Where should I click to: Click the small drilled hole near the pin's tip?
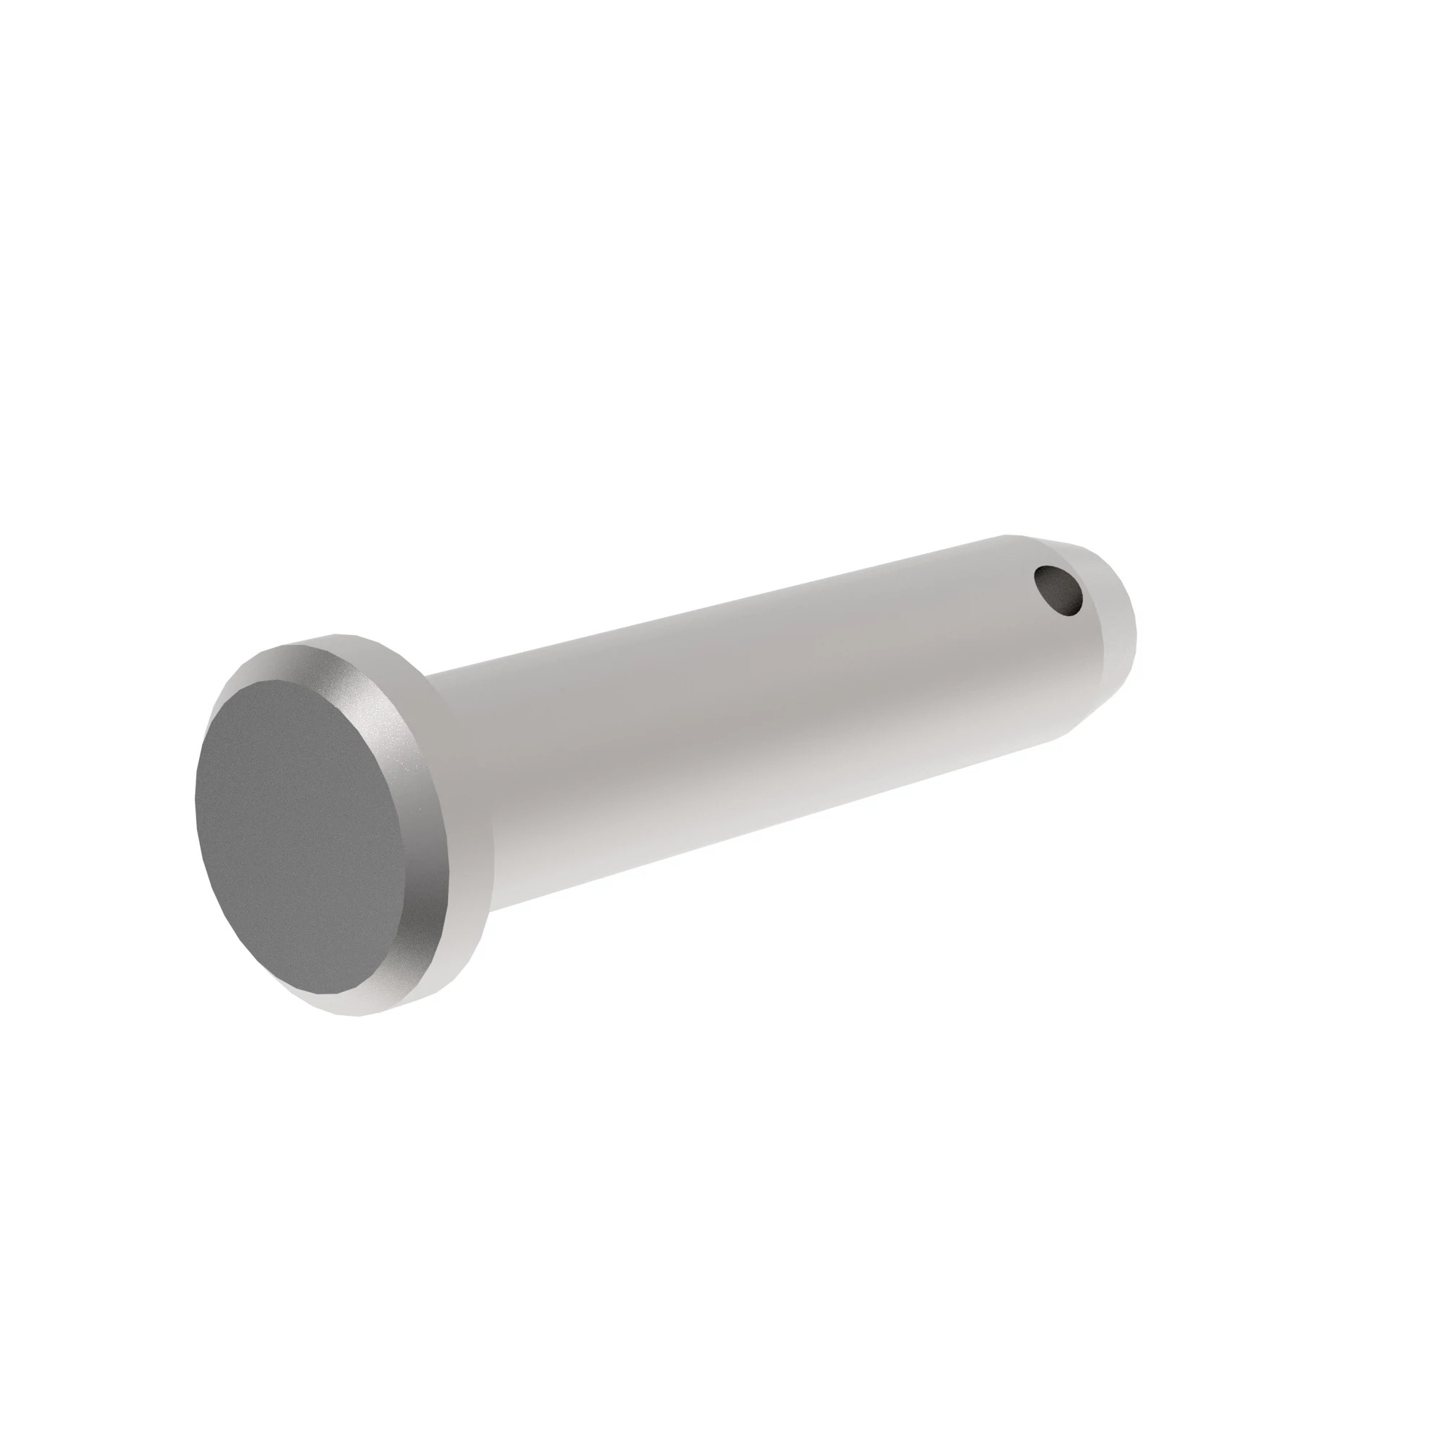pos(1058,590)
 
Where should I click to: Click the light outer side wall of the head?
pos(463,896)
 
